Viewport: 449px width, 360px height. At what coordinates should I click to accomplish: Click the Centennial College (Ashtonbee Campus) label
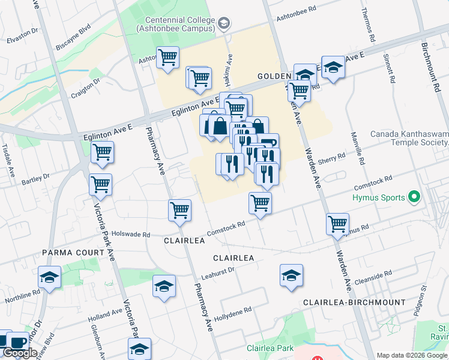click(x=175, y=23)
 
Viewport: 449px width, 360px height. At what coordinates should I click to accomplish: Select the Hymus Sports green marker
click(x=413, y=196)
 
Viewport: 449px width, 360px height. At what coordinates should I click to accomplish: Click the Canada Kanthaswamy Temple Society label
click(x=409, y=138)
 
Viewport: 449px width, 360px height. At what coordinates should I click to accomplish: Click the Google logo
click(x=20, y=353)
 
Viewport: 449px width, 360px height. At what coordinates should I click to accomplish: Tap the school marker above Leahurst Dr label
click(x=291, y=275)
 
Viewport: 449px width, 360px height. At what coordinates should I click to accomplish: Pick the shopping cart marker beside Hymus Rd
click(x=338, y=224)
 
